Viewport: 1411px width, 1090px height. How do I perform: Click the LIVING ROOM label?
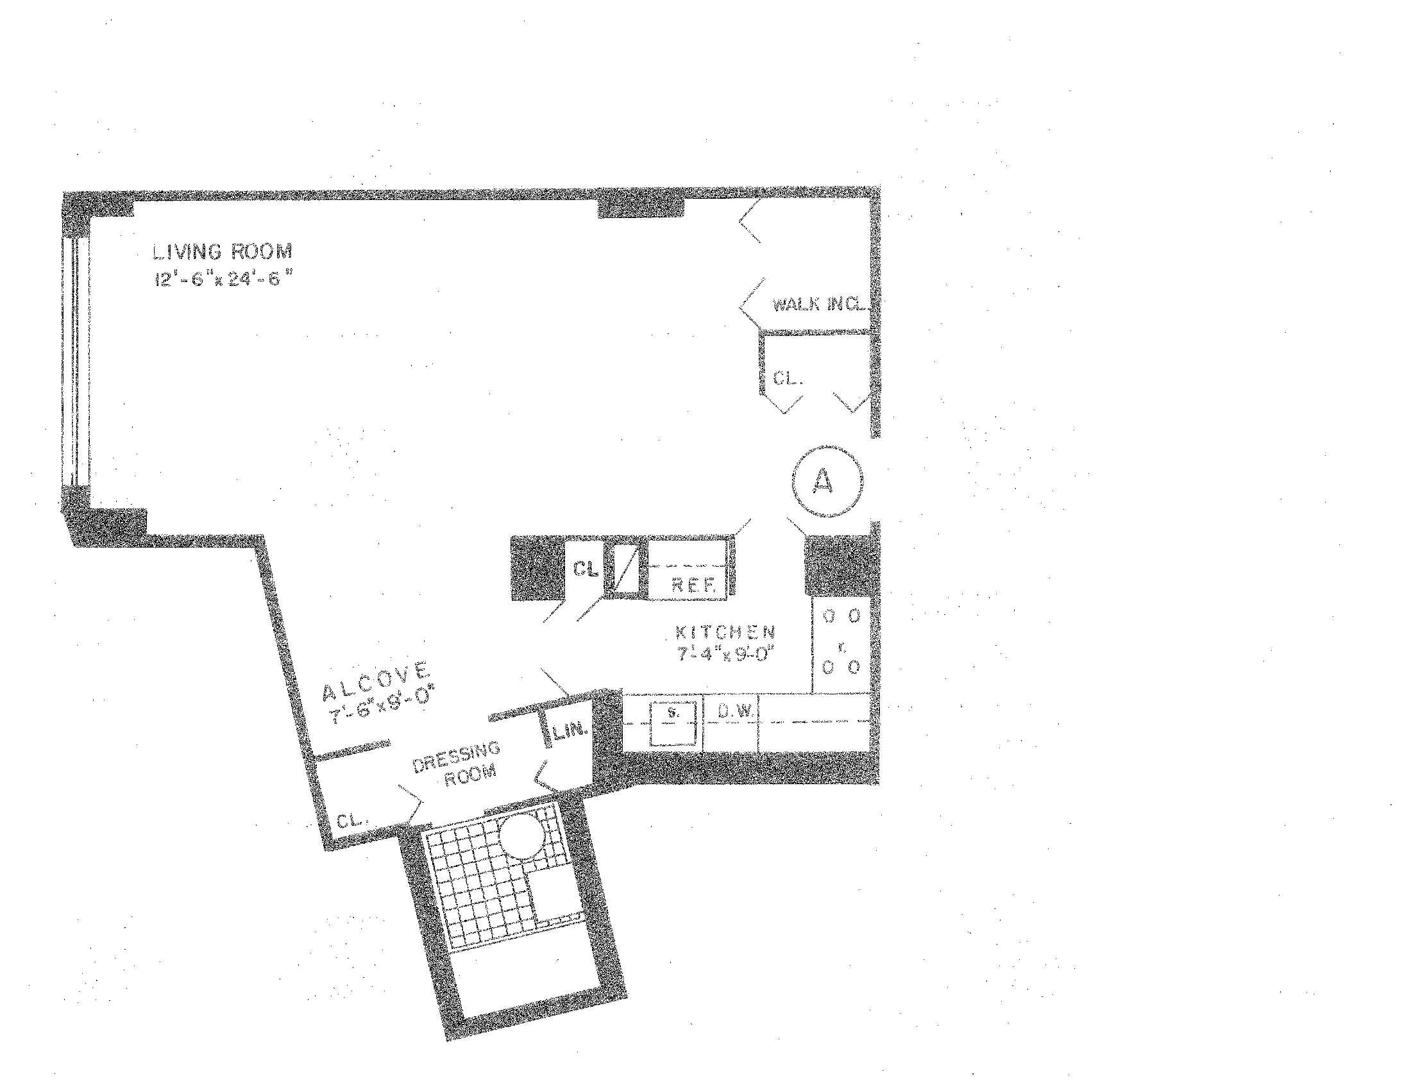pyautogui.click(x=223, y=251)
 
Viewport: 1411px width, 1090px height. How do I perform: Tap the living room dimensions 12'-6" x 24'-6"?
pyautogui.click(x=224, y=279)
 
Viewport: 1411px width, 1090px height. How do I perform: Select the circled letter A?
pyautogui.click(x=826, y=481)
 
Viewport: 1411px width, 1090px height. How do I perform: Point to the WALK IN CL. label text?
pyautogui.click(x=818, y=304)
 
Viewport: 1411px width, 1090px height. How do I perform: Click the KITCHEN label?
pyautogui.click(x=724, y=632)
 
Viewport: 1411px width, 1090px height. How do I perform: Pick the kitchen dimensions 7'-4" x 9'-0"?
pyautogui.click(x=725, y=654)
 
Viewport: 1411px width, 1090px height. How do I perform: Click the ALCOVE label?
pyautogui.click(x=375, y=680)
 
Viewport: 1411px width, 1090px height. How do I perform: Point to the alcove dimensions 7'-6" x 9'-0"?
pyautogui.click(x=381, y=707)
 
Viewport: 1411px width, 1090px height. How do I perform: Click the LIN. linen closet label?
pyautogui.click(x=570, y=731)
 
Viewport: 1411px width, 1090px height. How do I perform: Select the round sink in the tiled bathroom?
pyautogui.click(x=525, y=835)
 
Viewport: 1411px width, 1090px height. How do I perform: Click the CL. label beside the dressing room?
pyautogui.click(x=351, y=821)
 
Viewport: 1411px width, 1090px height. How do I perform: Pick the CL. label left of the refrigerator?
pyautogui.click(x=586, y=569)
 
